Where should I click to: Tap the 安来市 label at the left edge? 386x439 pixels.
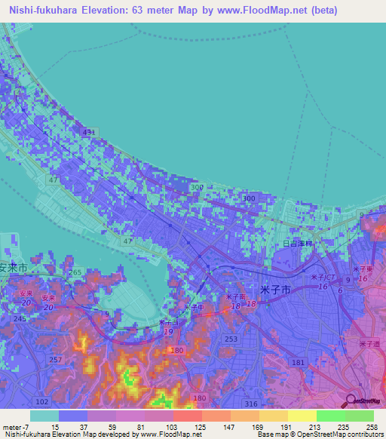coord(13,268)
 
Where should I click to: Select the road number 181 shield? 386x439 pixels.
coord(298,364)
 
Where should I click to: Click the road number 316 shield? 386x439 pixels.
coord(251,404)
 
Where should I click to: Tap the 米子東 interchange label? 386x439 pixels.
coord(361,269)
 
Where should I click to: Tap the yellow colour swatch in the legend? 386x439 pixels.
coord(301,416)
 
